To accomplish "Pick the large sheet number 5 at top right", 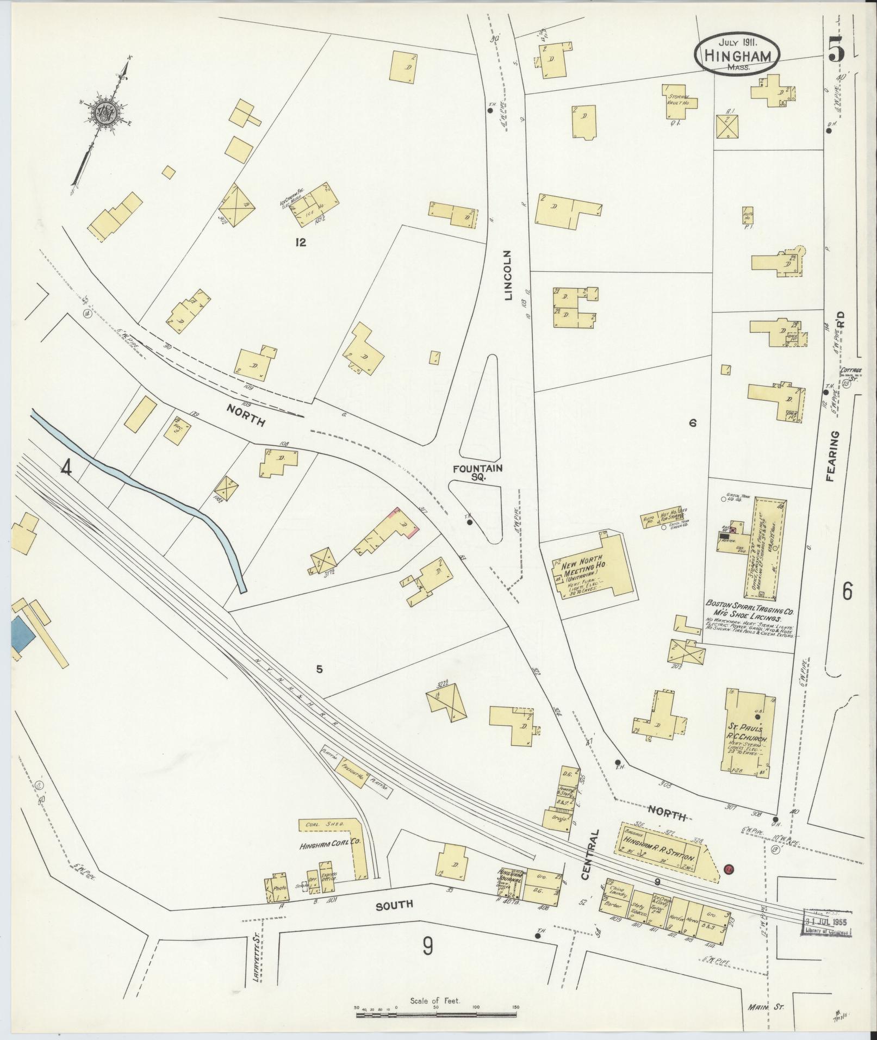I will click(x=836, y=52).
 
